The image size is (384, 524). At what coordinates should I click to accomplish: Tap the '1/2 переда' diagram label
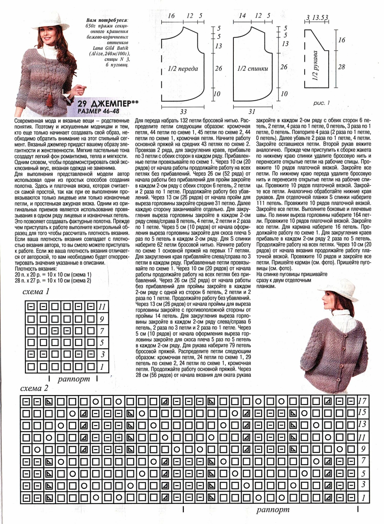coord(183,68)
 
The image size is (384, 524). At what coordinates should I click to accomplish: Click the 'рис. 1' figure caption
coord(322,103)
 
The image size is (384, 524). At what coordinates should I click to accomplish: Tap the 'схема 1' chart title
coord(37,291)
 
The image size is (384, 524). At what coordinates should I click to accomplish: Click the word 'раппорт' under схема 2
coord(273,510)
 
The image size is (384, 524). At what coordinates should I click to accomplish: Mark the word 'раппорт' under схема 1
coord(74,379)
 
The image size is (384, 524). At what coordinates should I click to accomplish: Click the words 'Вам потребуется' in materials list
coord(108,19)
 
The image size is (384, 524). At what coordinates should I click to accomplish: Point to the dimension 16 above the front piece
coord(171,16)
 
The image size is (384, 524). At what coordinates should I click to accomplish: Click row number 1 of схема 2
coord(362,498)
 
